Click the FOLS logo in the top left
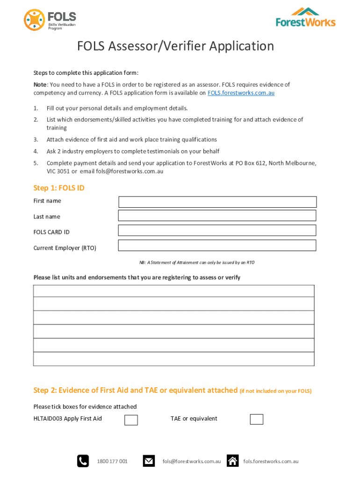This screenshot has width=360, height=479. point(50,20)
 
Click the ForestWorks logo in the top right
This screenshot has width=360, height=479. point(305,17)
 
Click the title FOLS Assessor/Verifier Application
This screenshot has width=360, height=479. point(175,46)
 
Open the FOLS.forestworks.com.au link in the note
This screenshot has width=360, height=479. point(241,93)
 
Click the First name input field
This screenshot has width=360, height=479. point(217,202)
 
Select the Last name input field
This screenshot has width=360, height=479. point(217,216)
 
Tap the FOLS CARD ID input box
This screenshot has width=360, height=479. point(217,231)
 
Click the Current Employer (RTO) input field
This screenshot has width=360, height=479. point(217,246)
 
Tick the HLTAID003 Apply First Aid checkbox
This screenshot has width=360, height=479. point(131,420)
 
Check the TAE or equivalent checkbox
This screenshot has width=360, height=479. point(256,419)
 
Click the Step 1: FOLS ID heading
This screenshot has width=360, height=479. point(59,188)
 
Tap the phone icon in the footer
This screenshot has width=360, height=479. point(83,461)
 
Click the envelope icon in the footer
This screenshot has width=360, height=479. point(149,461)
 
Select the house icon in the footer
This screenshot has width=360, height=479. point(232,461)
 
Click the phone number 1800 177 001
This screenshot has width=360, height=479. point(112,462)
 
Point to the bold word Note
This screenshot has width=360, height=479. point(40,85)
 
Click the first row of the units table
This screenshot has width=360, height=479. point(173,291)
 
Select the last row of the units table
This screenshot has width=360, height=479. point(173,359)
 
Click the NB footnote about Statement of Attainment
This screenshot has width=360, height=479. point(191,263)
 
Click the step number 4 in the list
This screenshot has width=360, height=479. point(36,152)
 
